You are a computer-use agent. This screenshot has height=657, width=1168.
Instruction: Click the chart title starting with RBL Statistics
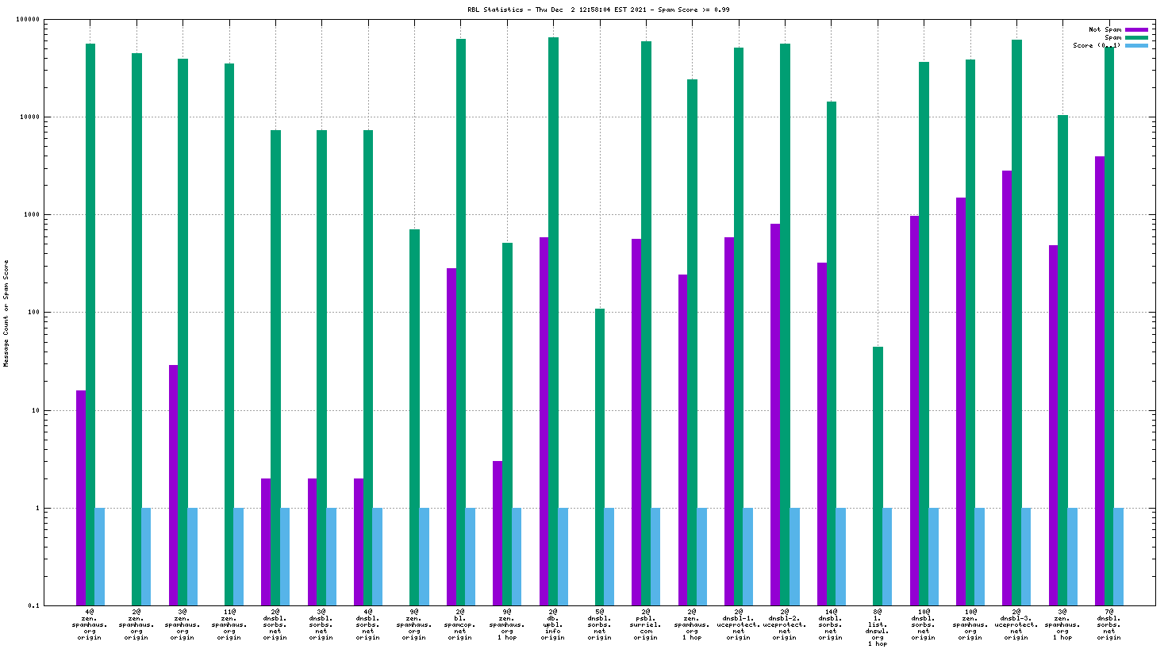pos(598,10)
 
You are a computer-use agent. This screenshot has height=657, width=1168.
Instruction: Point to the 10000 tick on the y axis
pos(30,117)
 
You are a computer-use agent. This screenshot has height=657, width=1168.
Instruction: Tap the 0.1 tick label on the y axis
pos(34,605)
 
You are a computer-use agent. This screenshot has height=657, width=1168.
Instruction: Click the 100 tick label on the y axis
pos(33,313)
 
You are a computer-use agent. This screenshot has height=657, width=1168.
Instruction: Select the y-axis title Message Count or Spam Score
pos(6,313)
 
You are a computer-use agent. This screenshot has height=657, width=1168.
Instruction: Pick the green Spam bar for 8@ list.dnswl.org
pos(878,476)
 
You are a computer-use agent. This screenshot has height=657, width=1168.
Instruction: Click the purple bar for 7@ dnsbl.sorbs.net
pos(1100,381)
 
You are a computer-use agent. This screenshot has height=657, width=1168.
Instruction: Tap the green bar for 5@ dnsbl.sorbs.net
pos(600,456)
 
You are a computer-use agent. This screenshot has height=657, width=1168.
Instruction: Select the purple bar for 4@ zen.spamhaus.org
pos(81,498)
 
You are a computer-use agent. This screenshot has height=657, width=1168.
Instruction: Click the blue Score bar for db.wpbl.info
pos(563,556)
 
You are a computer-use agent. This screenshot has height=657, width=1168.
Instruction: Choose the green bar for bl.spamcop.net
pos(461,321)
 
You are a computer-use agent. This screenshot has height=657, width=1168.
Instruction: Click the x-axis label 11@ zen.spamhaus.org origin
pos(229,624)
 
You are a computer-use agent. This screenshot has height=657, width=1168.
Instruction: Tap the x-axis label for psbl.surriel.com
pos(646,624)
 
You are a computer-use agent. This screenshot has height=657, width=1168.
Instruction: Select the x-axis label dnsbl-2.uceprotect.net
pos(785,624)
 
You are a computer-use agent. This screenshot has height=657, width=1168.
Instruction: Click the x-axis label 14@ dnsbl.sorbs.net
pos(831,624)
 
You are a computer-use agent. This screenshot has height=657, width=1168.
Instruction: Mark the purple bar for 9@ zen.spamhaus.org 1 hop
pos(498,532)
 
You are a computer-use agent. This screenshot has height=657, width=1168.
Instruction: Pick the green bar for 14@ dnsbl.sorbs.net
pos(832,353)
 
